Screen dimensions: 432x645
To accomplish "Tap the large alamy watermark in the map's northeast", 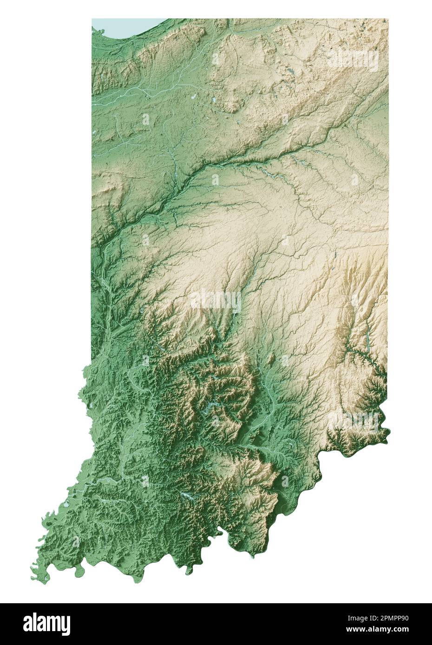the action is [x=353, y=60].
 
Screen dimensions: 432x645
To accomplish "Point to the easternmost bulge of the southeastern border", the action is [x=389, y=434].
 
